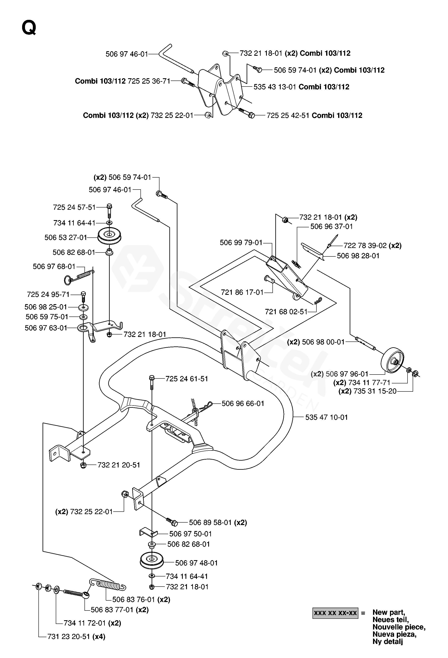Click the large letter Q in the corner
click(x=29, y=28)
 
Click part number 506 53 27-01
click(x=65, y=238)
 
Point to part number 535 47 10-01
click(x=326, y=417)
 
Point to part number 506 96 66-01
click(x=243, y=403)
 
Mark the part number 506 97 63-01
click(x=46, y=328)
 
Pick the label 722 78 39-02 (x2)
click(x=372, y=245)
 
